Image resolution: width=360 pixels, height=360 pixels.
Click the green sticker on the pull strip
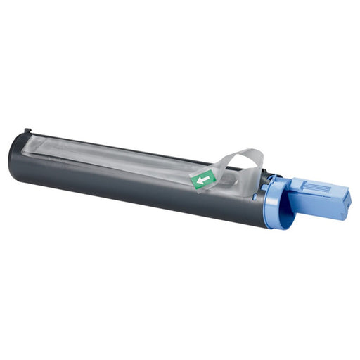pyautogui.click(x=204, y=180)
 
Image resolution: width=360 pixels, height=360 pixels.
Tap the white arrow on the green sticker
pyautogui.click(x=204, y=180)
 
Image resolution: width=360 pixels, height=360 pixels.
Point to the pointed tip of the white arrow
pyautogui.click(x=198, y=181)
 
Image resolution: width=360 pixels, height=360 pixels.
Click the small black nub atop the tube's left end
pyautogui.click(x=27, y=131)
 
